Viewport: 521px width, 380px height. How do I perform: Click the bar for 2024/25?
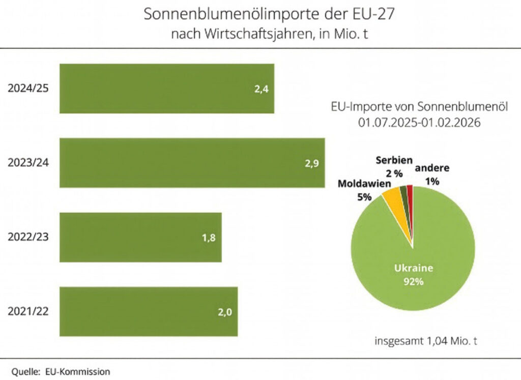[167, 89]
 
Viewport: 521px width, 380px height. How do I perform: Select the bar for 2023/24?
[192, 163]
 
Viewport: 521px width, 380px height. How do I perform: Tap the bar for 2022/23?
[140, 238]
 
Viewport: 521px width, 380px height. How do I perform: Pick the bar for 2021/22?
[149, 311]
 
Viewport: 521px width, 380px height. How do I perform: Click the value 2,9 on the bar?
[311, 163]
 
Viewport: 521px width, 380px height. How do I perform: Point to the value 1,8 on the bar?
[209, 238]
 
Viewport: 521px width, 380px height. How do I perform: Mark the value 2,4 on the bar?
[261, 89]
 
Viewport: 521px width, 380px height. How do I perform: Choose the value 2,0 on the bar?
[225, 312]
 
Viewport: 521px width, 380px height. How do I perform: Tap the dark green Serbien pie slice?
[403, 193]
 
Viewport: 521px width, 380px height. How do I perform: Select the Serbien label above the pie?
[393, 160]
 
